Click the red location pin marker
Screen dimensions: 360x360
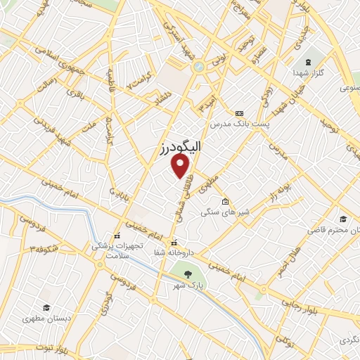click(181, 166)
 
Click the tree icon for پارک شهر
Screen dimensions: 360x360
click(188, 275)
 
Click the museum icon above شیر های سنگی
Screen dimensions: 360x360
click(224, 202)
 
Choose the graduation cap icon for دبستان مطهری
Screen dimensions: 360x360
click(46, 307)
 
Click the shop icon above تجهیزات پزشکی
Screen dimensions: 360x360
click(117, 236)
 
